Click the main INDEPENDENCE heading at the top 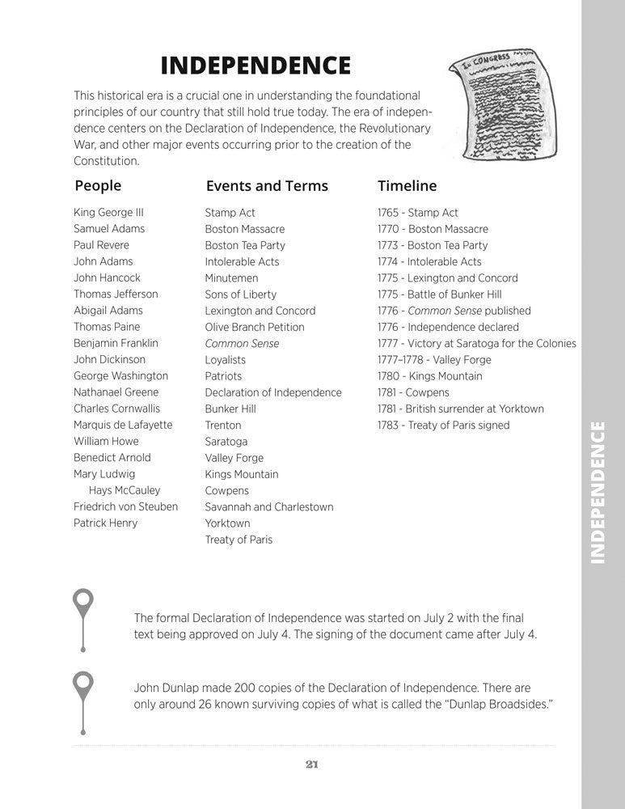[255, 65]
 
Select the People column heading [98, 186]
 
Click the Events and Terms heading [267, 186]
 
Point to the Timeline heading [407, 186]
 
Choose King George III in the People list [108, 213]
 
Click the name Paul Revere [101, 245]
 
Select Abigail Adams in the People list [108, 311]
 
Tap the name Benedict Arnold [112, 457]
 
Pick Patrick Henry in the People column [105, 523]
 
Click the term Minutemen [231, 278]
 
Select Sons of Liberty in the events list [240, 294]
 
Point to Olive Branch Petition [255, 327]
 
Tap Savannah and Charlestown [268, 506]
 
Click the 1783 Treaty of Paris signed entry [443, 425]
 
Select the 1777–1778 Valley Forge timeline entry [434, 360]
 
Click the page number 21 [312, 765]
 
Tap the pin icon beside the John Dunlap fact [82, 688]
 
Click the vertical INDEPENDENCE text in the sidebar [598, 492]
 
